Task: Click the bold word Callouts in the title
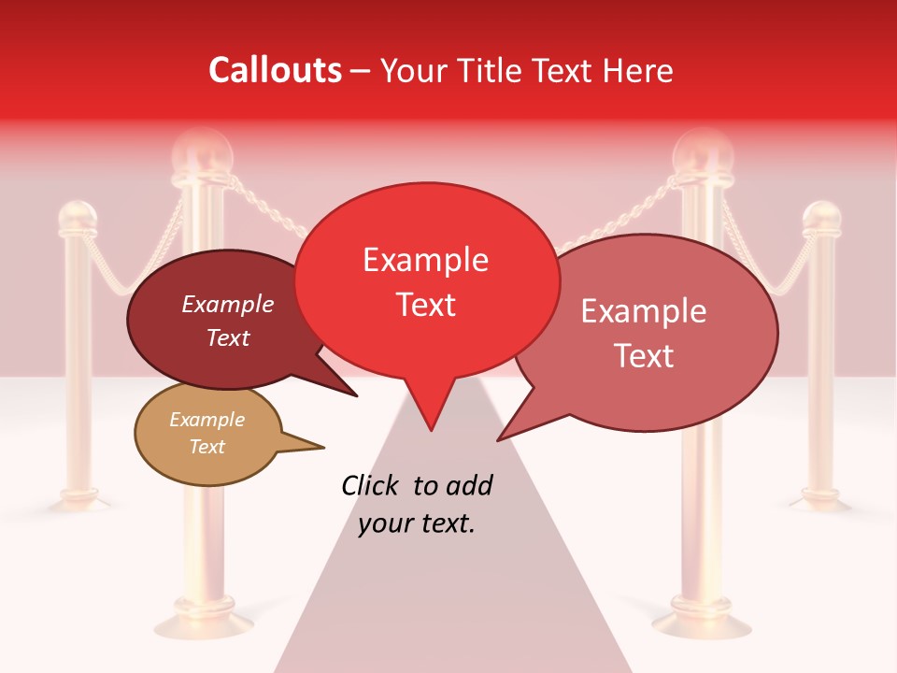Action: click(275, 70)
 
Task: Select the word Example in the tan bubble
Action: click(206, 420)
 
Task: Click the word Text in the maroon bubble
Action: click(228, 337)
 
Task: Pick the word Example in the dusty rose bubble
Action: click(643, 311)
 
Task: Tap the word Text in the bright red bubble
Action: click(426, 305)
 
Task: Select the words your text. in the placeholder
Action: click(417, 523)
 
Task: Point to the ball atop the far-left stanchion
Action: click(78, 218)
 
